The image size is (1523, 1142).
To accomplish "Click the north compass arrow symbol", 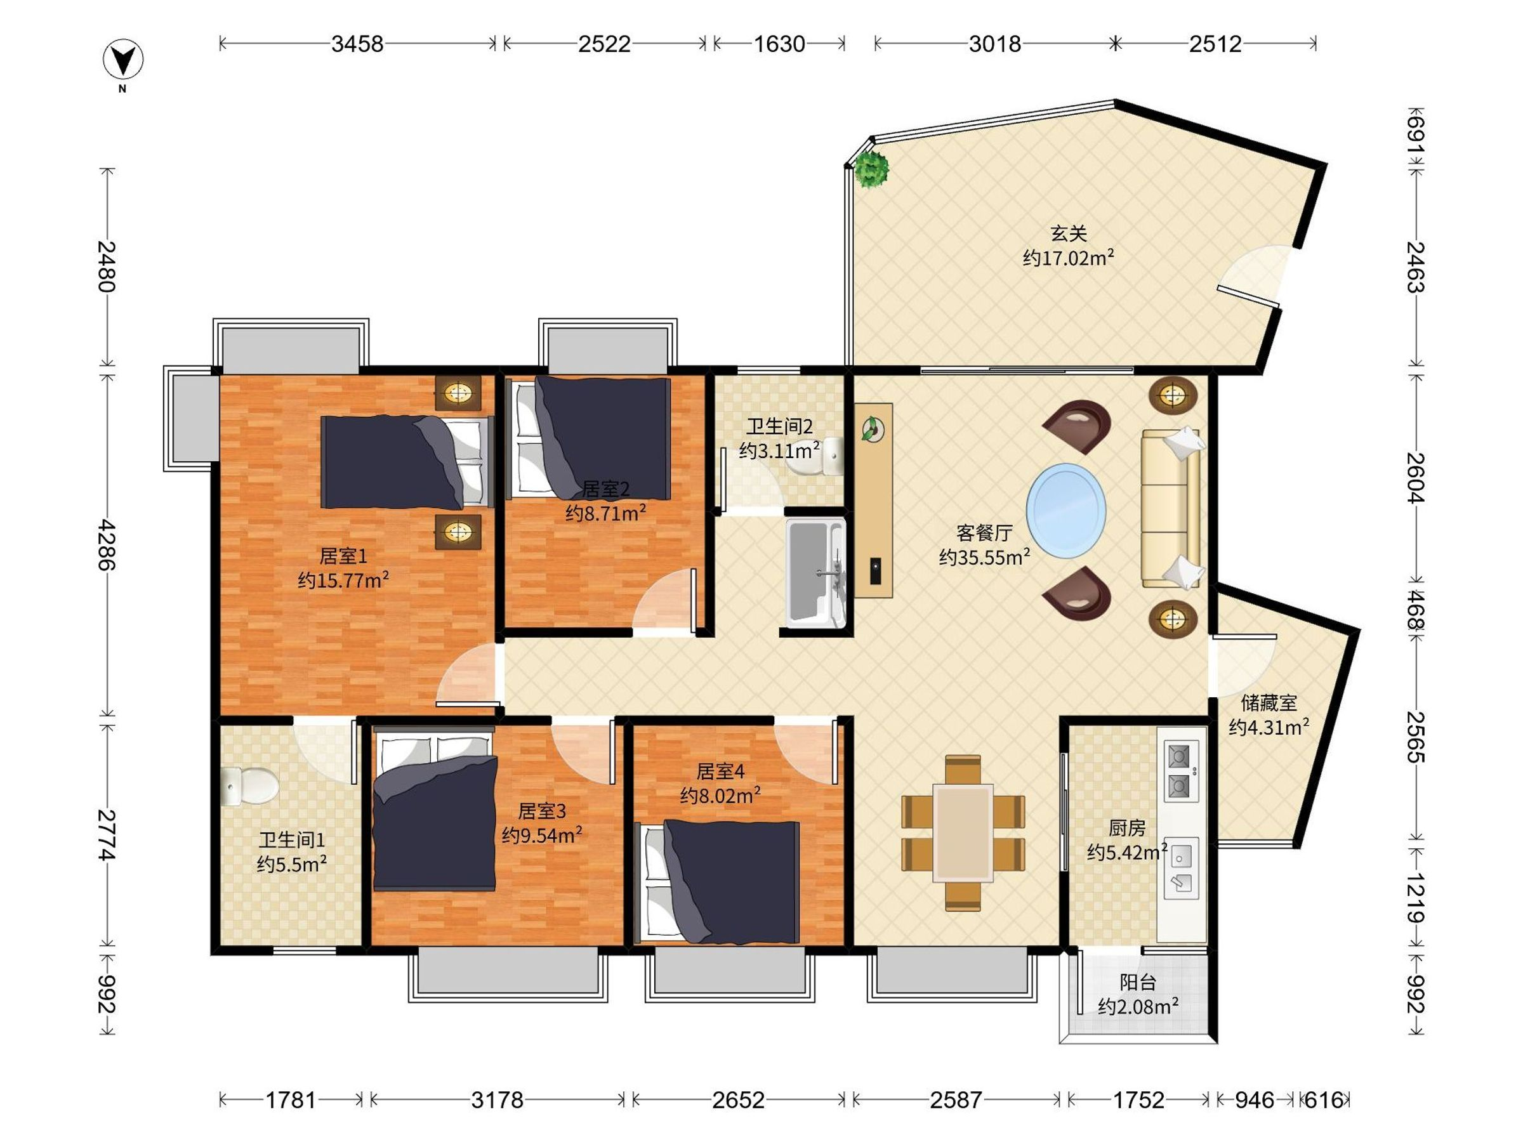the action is (x=123, y=60).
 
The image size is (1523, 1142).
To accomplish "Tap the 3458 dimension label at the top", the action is (x=357, y=44).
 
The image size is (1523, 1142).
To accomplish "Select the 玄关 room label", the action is (x=1069, y=233).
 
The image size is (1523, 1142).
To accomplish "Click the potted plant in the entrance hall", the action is (x=872, y=169).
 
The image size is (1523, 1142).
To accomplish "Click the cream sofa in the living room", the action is (x=1170, y=508).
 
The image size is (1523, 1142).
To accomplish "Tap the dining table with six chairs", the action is (x=963, y=833).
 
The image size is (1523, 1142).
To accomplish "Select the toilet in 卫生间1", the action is (x=249, y=786).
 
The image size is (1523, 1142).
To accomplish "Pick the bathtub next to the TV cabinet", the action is (x=816, y=574).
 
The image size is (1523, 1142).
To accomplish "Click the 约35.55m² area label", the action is (x=985, y=556).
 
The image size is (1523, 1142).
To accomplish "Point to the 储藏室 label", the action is (x=1269, y=703).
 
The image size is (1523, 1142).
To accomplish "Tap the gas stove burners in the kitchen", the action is (x=1181, y=771).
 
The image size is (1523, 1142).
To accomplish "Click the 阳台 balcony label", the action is (x=1137, y=982).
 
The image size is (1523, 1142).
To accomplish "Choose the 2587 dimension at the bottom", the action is (x=956, y=1100).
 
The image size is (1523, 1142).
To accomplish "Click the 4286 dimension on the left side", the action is (x=106, y=545).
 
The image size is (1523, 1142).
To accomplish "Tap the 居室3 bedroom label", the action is (x=542, y=811).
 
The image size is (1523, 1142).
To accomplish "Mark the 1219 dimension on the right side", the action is (x=1414, y=898).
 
